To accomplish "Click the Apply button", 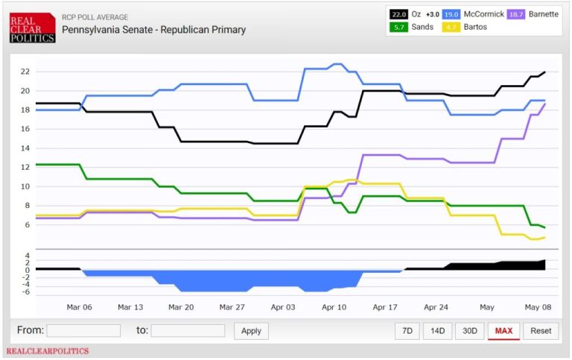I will click(x=251, y=330).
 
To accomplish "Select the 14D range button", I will click(x=438, y=330).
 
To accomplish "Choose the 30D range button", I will click(x=470, y=330).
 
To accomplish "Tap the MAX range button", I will click(x=503, y=330).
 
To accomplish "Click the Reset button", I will click(x=541, y=330).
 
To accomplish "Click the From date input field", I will click(x=83, y=330).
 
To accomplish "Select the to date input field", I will click(x=188, y=330).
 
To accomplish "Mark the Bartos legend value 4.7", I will click(x=451, y=28).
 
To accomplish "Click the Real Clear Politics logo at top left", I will click(x=32, y=27).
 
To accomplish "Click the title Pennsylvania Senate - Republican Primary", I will click(x=153, y=30).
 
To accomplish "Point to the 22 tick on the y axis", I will click(x=25, y=72).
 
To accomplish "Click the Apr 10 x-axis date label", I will click(x=334, y=306).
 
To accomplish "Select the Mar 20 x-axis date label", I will click(x=181, y=306).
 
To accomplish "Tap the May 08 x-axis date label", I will click(x=537, y=306).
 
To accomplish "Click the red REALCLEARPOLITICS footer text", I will click(x=47, y=350).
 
